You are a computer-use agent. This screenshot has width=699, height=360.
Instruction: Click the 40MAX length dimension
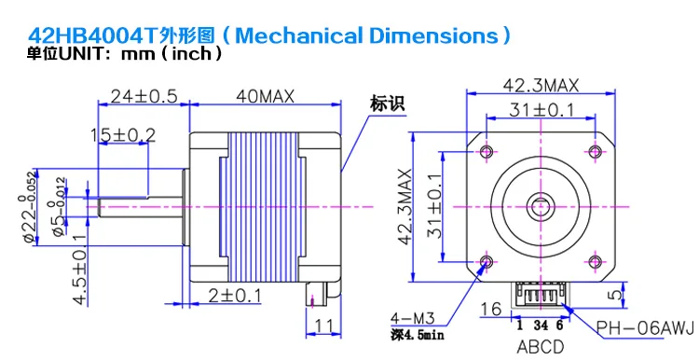click(x=265, y=96)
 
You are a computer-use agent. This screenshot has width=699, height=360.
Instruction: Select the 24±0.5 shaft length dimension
click(x=144, y=96)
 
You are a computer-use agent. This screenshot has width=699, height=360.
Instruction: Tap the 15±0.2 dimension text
click(x=123, y=134)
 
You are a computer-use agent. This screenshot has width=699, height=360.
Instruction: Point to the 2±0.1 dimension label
click(x=235, y=295)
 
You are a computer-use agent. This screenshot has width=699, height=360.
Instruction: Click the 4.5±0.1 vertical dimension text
click(x=80, y=270)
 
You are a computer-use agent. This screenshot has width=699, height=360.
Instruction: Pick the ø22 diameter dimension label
click(x=29, y=207)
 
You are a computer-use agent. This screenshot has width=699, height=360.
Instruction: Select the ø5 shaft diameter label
click(x=60, y=206)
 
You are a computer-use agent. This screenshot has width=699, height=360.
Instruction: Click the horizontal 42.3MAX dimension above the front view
click(x=541, y=85)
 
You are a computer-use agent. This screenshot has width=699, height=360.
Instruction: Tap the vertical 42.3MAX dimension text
click(x=404, y=206)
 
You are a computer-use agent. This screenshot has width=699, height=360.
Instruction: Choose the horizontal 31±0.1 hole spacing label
click(x=541, y=110)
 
